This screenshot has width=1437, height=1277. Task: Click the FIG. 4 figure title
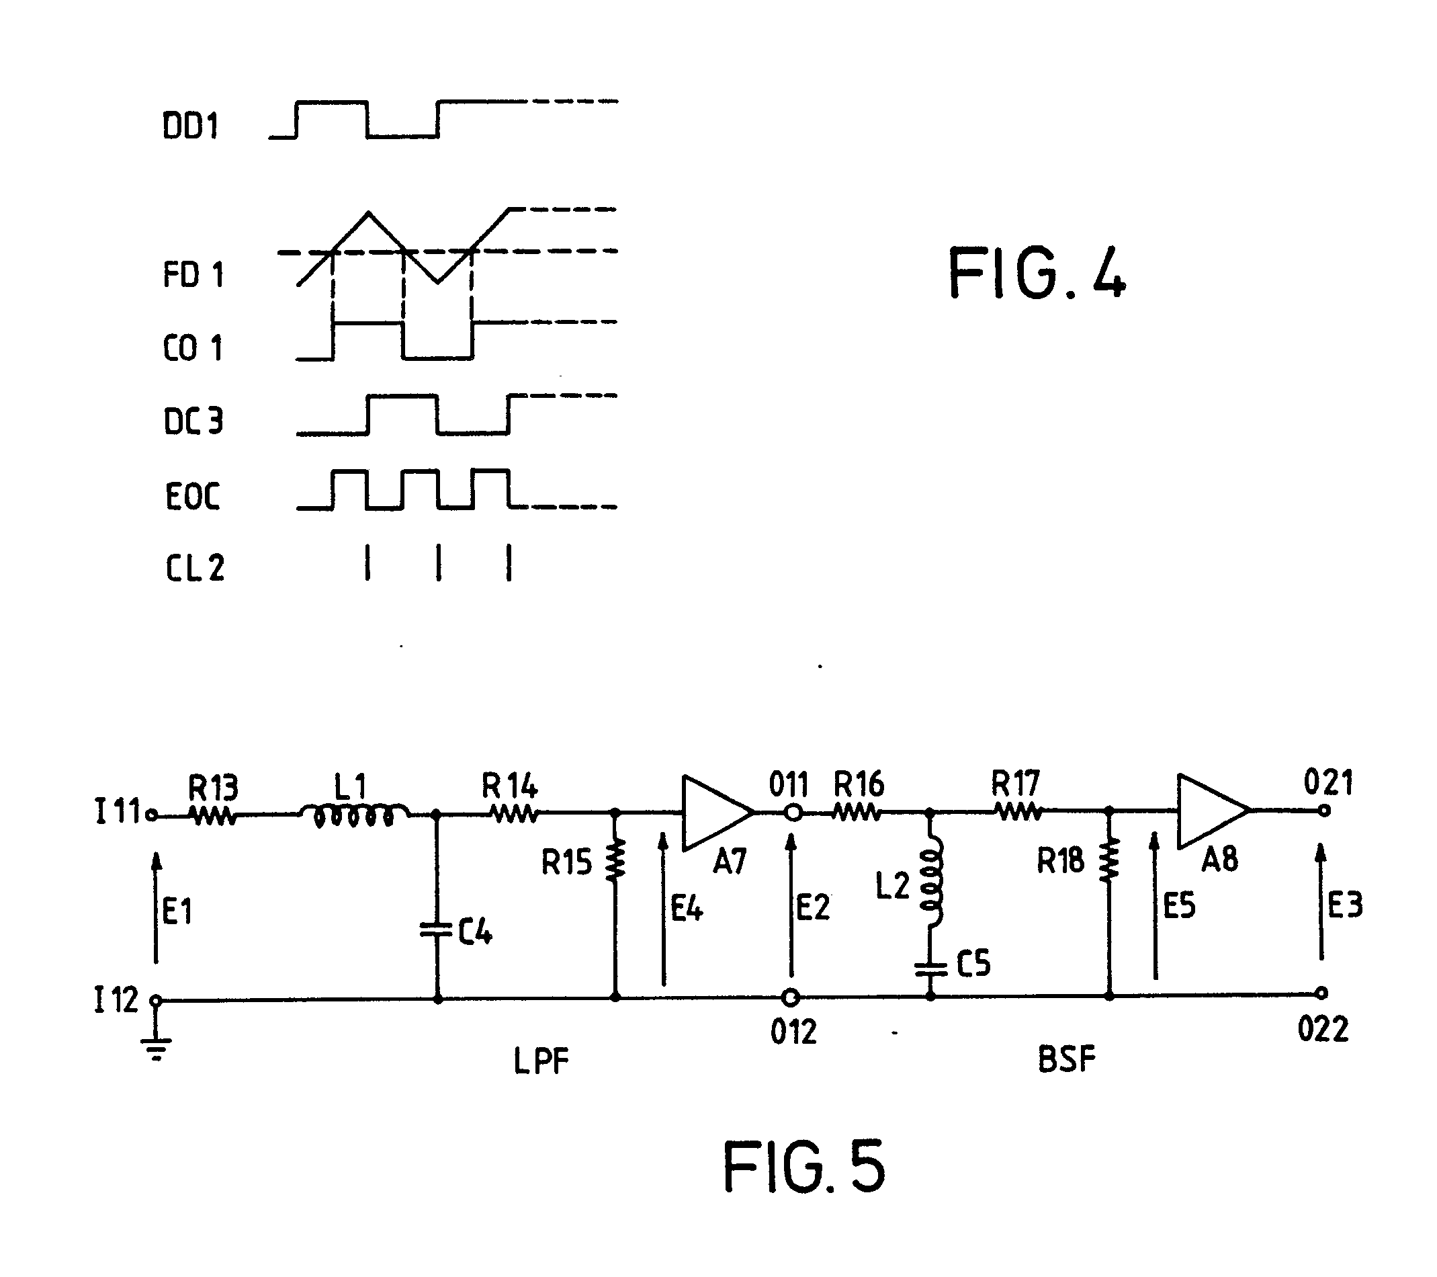[x=1037, y=273]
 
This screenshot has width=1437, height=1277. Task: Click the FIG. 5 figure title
[x=804, y=1167]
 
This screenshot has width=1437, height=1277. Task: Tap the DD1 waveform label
[x=190, y=126]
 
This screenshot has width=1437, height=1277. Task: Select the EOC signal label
[x=193, y=496]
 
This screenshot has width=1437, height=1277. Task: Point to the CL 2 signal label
[x=195, y=567]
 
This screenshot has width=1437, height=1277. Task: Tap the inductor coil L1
[x=354, y=815]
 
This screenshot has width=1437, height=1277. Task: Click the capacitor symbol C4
[x=437, y=930]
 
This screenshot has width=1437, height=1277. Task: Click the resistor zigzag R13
[x=212, y=816]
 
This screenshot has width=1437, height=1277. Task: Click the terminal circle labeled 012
[x=791, y=997]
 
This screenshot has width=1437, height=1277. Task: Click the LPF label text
[x=540, y=1062]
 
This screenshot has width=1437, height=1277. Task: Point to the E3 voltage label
[x=1346, y=905]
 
